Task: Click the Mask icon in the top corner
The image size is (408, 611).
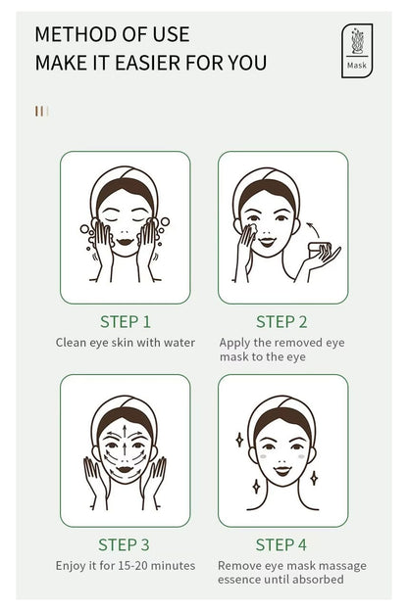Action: (356, 51)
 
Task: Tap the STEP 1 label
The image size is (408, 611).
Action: (125, 321)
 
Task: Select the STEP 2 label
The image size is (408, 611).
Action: (281, 321)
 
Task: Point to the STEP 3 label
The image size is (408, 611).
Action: (125, 544)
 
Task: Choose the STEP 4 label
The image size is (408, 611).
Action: (281, 544)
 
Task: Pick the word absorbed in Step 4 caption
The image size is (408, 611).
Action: (319, 581)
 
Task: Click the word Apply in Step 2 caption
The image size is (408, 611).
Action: (235, 343)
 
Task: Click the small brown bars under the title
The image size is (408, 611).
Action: (40, 111)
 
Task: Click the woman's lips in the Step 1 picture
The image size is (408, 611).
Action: (125, 237)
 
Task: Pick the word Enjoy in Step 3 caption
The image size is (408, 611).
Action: (71, 565)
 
